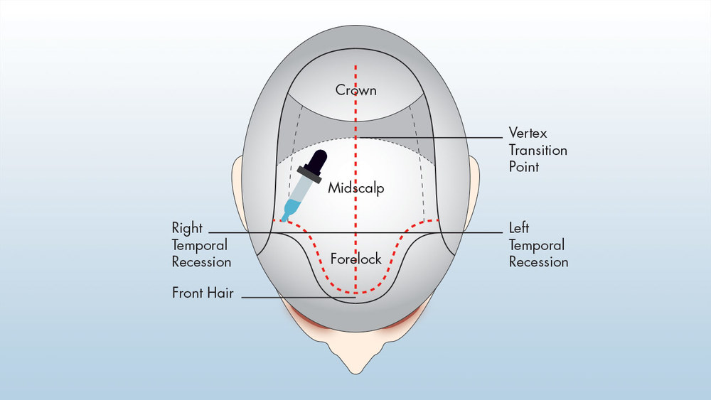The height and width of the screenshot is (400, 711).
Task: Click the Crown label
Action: pyautogui.click(x=355, y=91)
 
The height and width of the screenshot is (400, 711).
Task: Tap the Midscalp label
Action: pyautogui.click(x=355, y=189)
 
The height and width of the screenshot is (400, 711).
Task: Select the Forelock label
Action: pyautogui.click(x=355, y=259)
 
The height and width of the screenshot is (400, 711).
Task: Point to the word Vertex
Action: pyautogui.click(x=528, y=133)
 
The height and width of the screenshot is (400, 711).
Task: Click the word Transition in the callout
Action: pyautogui.click(x=538, y=151)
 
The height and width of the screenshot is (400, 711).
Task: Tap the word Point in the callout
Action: pyautogui.click(x=524, y=168)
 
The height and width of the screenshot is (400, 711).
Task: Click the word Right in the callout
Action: pyautogui.click(x=187, y=229)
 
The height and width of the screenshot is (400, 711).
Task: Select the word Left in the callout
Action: pyautogui.click(x=518, y=229)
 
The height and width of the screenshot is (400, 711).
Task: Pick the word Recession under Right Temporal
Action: pyautogui.click(x=201, y=262)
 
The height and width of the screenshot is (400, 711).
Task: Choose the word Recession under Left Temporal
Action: pyautogui.click(x=538, y=262)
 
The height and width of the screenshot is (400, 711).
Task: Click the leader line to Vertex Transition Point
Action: pyautogui.click(x=441, y=136)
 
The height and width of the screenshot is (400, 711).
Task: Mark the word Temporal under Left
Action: pyautogui.click(x=537, y=245)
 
